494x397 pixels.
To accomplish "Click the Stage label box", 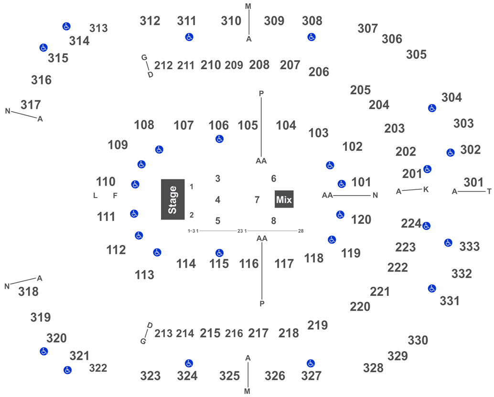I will (172, 199).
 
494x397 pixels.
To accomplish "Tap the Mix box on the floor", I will (284, 199).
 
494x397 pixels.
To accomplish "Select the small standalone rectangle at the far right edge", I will (472, 183).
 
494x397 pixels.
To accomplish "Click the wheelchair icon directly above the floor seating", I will (219, 139).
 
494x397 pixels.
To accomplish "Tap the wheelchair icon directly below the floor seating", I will (219, 252).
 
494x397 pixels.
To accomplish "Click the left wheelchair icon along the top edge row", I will (189, 37).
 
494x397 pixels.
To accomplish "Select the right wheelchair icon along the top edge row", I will (311, 37).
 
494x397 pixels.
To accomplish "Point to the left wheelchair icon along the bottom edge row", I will (189, 364).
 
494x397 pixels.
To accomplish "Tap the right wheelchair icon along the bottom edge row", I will (311, 364).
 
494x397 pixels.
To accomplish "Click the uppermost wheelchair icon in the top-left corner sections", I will (66, 26).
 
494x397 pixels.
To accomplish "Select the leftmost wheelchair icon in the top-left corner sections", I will (43, 48).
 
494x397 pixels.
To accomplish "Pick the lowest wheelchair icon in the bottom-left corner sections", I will (67, 370).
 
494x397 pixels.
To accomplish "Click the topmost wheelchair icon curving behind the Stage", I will (159, 149).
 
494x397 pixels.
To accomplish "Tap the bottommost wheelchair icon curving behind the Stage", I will (157, 252).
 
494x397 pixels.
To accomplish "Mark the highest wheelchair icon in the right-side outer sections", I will (432, 108).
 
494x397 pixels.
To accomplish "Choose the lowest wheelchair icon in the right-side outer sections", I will (432, 288).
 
